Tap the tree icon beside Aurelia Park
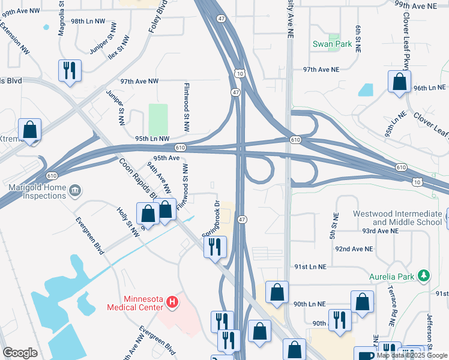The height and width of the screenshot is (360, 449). coord(424,275)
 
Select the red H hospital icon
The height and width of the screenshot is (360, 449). coord(172,301)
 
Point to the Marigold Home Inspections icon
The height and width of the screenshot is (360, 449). coord(75,191)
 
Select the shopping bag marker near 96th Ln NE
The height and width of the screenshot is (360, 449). coord(399,81)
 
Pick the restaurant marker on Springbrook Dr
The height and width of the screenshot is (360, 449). coord(215,246)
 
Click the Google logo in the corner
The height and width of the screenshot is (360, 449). coord(20,353)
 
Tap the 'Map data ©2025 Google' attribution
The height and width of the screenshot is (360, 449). coord(412,355)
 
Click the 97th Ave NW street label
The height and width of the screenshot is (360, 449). coord(139,81)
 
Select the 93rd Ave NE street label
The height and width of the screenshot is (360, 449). coord(375,230)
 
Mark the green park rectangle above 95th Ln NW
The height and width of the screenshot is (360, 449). coord(158,119)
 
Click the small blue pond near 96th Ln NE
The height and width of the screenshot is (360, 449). coord(366,89)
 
